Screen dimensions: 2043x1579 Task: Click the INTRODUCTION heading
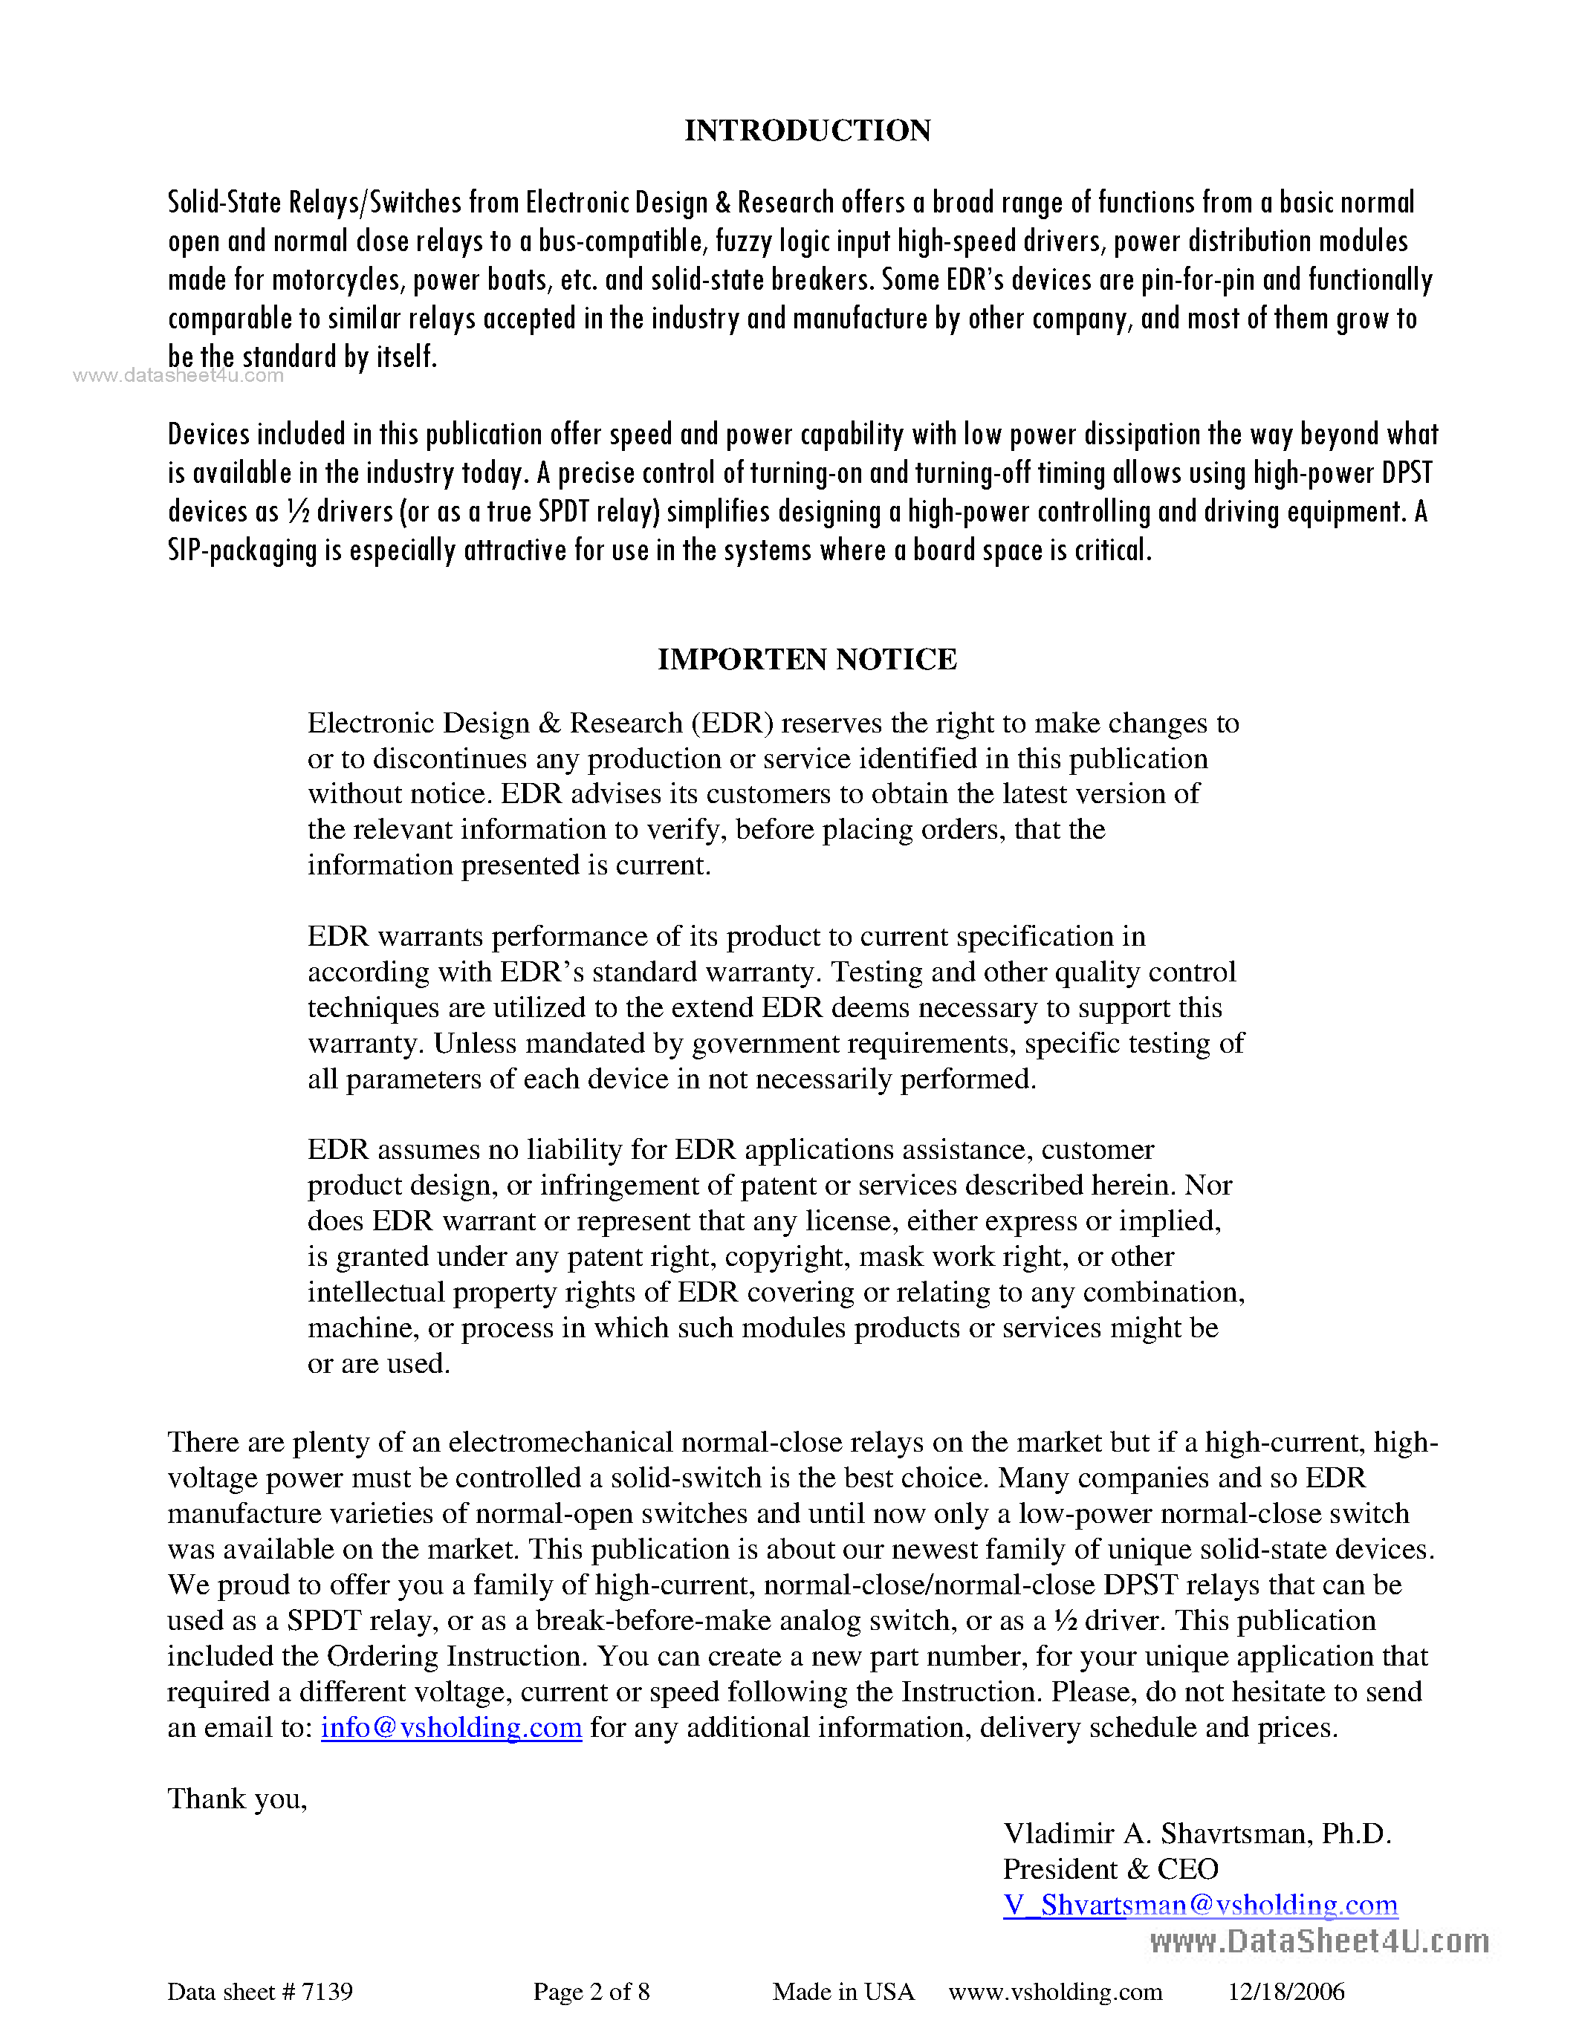pyautogui.click(x=807, y=130)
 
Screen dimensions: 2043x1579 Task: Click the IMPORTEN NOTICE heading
pyautogui.click(x=807, y=660)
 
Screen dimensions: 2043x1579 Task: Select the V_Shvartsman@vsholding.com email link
pyautogui.click(x=1200, y=1906)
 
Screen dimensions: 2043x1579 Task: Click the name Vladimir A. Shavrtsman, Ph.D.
pyautogui.click(x=1197, y=1833)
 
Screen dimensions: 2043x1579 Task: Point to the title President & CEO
pyautogui.click(x=1110, y=1869)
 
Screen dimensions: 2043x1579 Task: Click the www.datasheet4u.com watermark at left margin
pyautogui.click(x=178, y=376)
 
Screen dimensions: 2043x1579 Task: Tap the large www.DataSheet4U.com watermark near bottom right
pyautogui.click(x=1319, y=1941)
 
